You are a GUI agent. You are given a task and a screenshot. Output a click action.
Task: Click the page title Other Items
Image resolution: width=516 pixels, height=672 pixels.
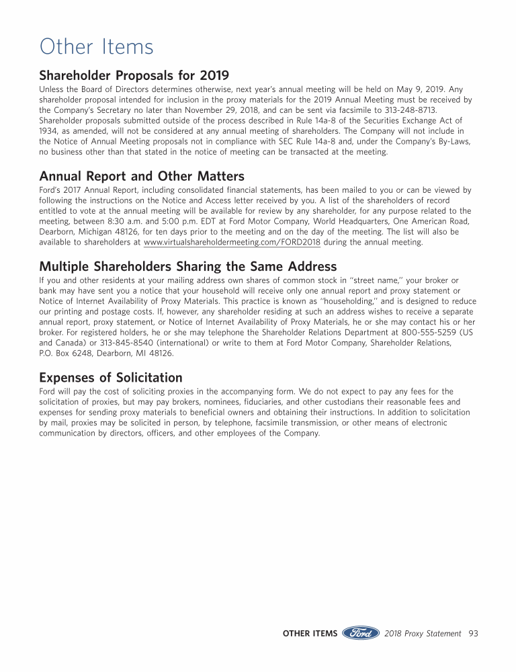[96, 47]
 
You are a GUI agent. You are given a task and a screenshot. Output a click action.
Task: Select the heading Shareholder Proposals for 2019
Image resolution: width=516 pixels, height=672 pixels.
[134, 75]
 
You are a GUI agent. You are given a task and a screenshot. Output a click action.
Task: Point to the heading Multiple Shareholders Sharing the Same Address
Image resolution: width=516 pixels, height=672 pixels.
[188, 266]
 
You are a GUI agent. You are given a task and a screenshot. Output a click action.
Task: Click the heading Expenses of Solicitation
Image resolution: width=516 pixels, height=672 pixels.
[111, 378]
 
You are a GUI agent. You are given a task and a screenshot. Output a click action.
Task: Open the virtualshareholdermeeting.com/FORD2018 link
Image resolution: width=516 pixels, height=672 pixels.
[232, 243]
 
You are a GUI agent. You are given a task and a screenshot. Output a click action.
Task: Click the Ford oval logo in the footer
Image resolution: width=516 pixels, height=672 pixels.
[361, 633]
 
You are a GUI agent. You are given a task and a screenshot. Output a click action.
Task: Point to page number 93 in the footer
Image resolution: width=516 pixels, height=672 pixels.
[473, 633]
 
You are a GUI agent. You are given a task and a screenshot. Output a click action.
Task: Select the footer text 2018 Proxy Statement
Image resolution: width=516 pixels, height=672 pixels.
[423, 633]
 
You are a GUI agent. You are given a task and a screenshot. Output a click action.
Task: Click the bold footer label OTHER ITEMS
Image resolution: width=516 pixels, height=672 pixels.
[310, 633]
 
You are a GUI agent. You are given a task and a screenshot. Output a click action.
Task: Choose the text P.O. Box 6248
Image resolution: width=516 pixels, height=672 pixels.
[67, 353]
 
